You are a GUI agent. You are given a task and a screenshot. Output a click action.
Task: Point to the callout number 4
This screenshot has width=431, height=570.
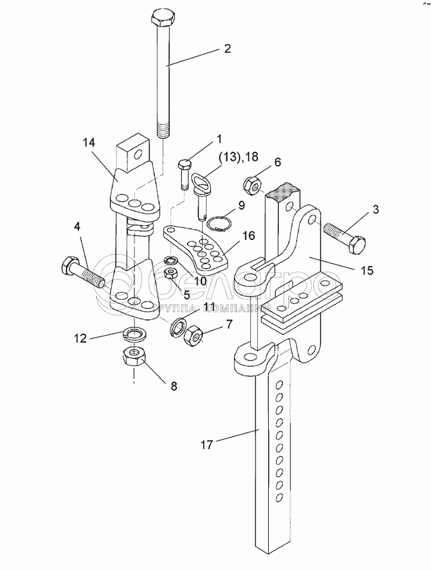77,226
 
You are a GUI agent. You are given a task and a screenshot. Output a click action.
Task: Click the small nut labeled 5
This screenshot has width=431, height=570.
170,274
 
